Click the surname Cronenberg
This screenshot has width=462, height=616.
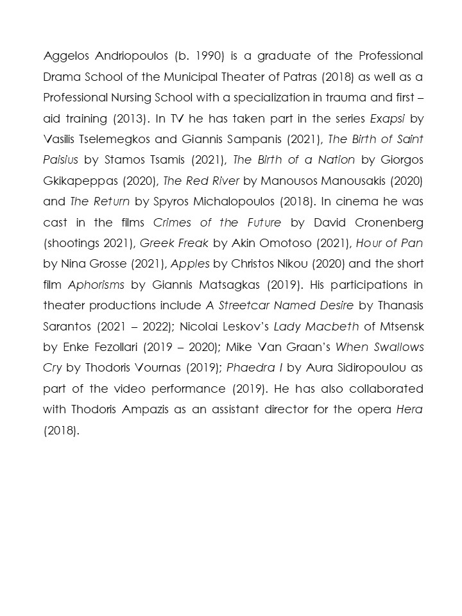click(386, 223)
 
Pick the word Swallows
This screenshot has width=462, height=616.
click(393, 348)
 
